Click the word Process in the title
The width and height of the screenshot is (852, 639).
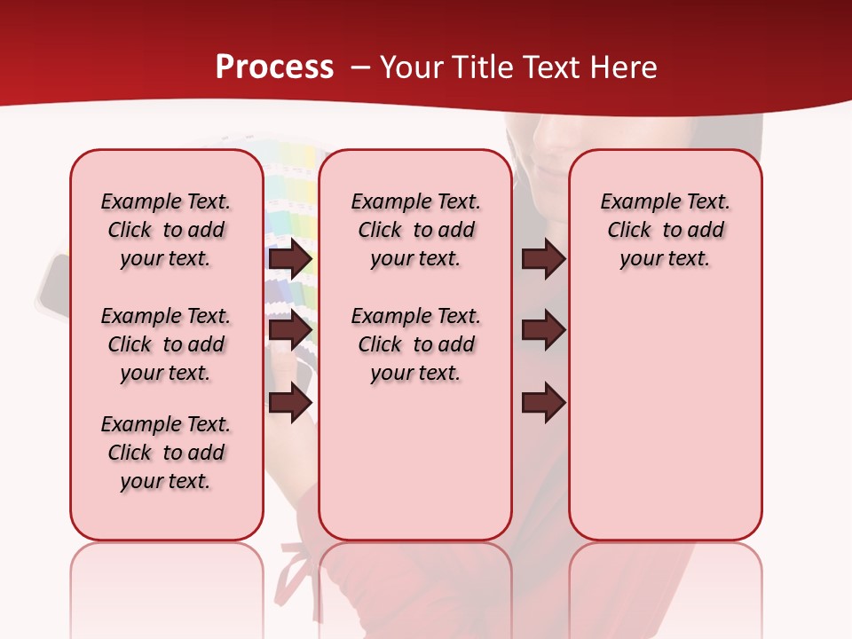point(274,67)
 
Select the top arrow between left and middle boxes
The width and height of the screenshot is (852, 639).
point(291,259)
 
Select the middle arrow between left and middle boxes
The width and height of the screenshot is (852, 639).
point(291,330)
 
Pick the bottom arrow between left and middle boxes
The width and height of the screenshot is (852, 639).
point(291,404)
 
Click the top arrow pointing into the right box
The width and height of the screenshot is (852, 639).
point(543,259)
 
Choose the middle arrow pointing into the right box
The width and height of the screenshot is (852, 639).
point(543,330)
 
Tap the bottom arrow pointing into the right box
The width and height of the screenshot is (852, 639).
point(543,404)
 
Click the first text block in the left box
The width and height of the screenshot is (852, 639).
point(166,231)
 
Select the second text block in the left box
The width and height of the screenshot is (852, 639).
point(166,344)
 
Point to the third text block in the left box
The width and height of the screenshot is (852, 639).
point(166,453)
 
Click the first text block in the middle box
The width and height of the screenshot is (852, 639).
point(415,231)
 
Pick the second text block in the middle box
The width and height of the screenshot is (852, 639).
point(415,344)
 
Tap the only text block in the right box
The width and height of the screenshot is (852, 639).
point(665,231)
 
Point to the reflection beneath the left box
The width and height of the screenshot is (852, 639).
point(167,577)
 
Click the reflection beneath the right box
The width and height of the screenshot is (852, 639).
point(665,577)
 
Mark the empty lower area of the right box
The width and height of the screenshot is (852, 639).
point(665,417)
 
